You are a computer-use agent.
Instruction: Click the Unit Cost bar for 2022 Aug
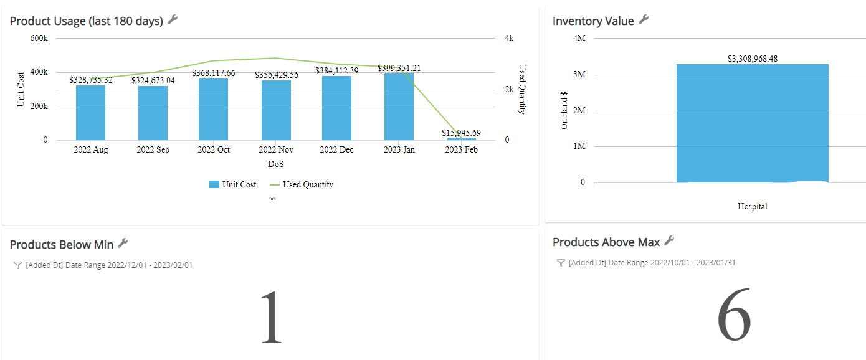pyautogui.click(x=90, y=113)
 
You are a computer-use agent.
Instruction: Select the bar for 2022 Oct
pyautogui.click(x=214, y=109)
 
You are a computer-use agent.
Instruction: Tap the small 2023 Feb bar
pyautogui.click(x=461, y=139)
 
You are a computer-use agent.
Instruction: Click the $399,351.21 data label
pyautogui.click(x=399, y=68)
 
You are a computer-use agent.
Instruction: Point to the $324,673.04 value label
pyautogui.click(x=153, y=80)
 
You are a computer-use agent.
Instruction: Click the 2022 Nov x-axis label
pyautogui.click(x=276, y=149)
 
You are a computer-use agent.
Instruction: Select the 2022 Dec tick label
pyautogui.click(x=336, y=149)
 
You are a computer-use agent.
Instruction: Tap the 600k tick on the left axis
pyautogui.click(x=39, y=38)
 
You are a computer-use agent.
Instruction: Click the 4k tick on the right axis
pyautogui.click(x=509, y=38)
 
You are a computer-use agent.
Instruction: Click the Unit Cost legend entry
pyautogui.click(x=233, y=184)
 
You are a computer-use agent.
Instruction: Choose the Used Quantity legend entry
pyautogui.click(x=302, y=184)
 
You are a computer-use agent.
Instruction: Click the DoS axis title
pyautogui.click(x=275, y=164)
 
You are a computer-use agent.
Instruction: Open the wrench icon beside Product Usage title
pyautogui.click(x=173, y=20)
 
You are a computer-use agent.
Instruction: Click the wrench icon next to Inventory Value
pyautogui.click(x=644, y=20)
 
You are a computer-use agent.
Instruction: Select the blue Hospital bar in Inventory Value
pyautogui.click(x=753, y=123)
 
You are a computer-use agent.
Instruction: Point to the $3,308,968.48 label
pyautogui.click(x=753, y=59)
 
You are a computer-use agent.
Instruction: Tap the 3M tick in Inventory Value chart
pyautogui.click(x=579, y=74)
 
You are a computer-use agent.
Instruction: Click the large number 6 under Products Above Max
pyautogui.click(x=734, y=314)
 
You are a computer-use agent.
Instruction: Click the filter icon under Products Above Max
pyautogui.click(x=561, y=263)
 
